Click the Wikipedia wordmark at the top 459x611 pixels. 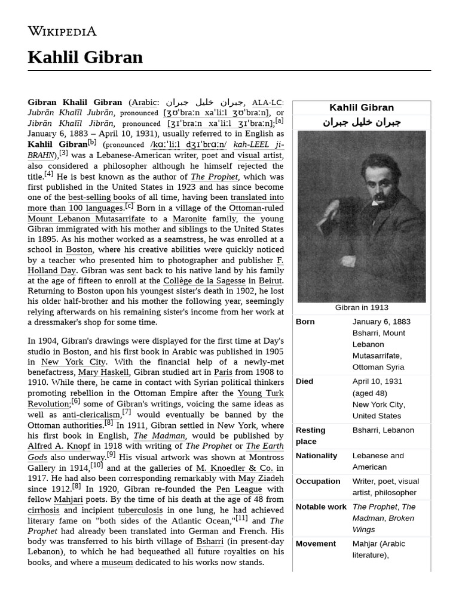click(62, 31)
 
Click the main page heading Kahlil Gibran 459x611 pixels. click(85, 57)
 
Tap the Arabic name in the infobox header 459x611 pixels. click(362, 122)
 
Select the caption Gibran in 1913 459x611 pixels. click(362, 307)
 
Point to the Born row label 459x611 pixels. click(305, 322)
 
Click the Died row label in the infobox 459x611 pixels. click(304, 381)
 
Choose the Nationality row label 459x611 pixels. click(316, 455)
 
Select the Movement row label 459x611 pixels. click(316, 544)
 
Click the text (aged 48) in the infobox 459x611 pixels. click(369, 393)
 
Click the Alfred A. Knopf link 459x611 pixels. click(59, 446)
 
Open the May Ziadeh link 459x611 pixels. click(261, 478)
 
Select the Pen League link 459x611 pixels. click(239, 489)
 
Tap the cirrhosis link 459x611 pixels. click(43, 510)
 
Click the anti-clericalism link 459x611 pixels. click(91, 415)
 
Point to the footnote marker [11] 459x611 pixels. click(241, 517)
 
